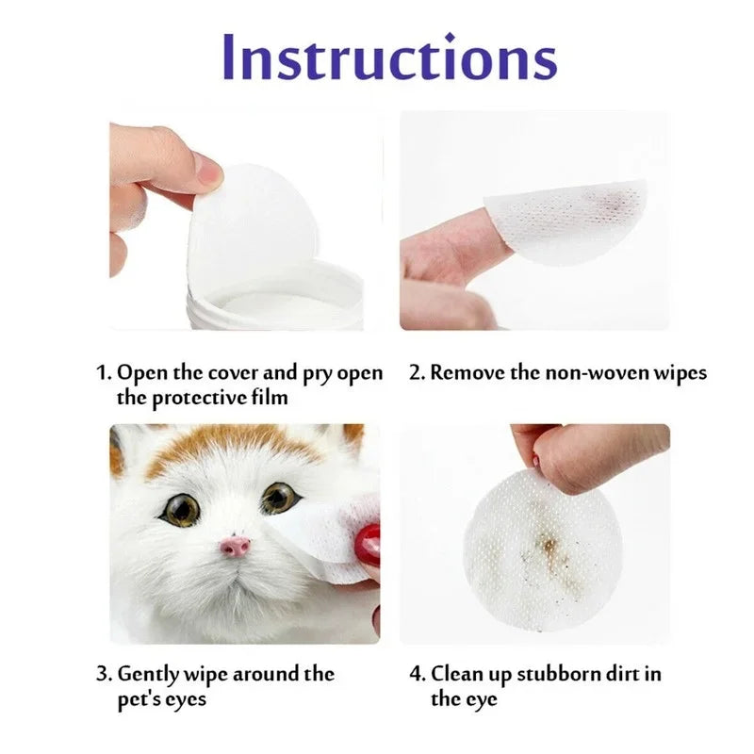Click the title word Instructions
coord(389,57)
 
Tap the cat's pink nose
coord(236,547)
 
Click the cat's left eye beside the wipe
coord(279,498)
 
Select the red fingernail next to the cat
coord(368,546)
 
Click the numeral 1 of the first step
coord(103,372)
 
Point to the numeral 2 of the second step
coord(415,372)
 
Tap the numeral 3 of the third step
coord(103,674)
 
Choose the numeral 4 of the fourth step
coord(416,674)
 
